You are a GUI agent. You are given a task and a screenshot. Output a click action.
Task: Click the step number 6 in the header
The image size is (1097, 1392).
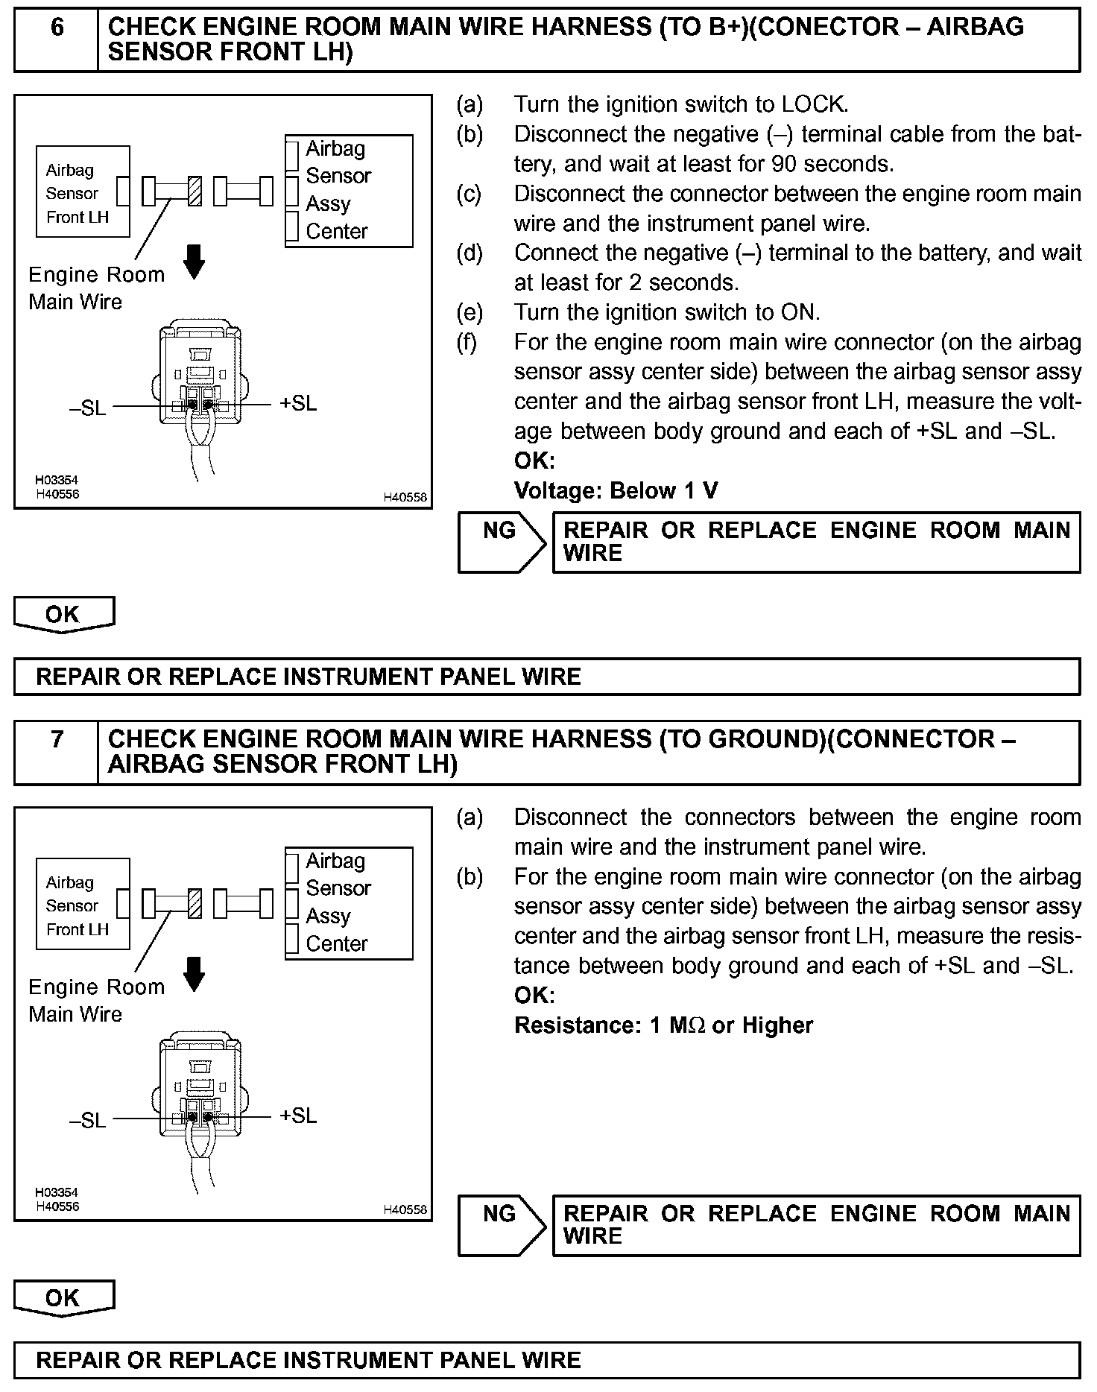[57, 28]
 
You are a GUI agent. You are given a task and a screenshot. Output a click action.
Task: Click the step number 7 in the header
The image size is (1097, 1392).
[57, 740]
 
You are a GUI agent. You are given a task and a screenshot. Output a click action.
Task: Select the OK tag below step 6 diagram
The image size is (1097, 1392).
[63, 615]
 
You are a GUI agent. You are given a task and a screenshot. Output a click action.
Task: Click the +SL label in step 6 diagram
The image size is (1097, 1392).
[298, 404]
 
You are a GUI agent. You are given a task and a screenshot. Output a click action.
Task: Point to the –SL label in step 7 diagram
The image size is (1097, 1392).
[88, 1120]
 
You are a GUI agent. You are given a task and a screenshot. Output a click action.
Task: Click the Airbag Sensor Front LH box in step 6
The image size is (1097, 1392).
[82, 192]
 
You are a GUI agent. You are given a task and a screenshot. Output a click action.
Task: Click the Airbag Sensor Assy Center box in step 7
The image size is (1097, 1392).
[348, 902]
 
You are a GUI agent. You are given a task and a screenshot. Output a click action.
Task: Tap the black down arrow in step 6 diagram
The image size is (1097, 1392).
[195, 262]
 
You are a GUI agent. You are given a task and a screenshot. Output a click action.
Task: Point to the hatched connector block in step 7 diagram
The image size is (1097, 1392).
[195, 904]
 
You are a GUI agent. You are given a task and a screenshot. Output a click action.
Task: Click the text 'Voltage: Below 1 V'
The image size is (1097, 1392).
[616, 490]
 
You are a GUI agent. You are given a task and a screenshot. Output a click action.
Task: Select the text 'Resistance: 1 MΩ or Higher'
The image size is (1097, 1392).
[663, 1025]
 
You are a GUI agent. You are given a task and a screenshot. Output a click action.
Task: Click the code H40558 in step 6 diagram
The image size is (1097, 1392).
[405, 497]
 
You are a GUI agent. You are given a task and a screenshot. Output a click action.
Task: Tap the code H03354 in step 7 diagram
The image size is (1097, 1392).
[57, 1192]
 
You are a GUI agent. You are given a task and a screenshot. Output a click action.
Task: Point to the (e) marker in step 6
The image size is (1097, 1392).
[470, 312]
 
